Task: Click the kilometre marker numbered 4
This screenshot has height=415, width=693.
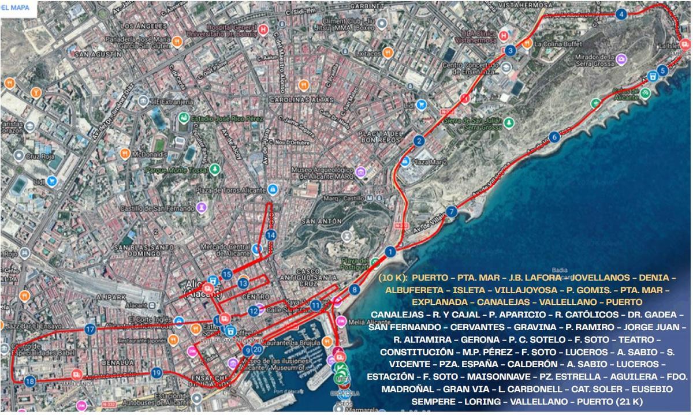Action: coord(621,14)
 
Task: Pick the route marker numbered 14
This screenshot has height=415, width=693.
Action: coord(271,235)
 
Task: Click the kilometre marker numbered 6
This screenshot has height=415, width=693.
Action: coord(555,137)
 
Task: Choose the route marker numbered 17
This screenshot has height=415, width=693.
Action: coord(90,330)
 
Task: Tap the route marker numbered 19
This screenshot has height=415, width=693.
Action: coord(156,373)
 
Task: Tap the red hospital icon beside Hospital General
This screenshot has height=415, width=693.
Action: coord(264,29)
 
